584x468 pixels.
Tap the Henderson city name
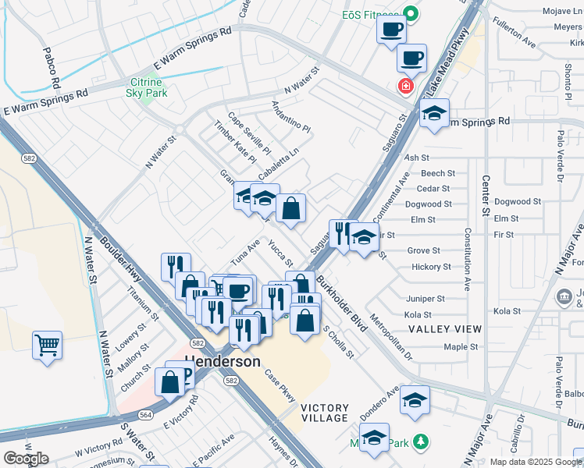click(223, 363)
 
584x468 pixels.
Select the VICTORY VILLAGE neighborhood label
click(324, 413)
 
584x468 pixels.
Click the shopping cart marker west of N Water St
click(47, 343)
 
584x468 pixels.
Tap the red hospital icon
click(405, 86)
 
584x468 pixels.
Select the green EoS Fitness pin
click(408, 14)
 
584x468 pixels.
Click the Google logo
click(26, 459)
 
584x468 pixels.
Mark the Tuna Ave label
click(246, 251)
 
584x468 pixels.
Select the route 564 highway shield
click(123, 415)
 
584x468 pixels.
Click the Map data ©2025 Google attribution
click(536, 462)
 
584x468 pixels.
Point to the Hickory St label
click(431, 267)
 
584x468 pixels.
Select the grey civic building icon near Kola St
click(562, 296)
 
